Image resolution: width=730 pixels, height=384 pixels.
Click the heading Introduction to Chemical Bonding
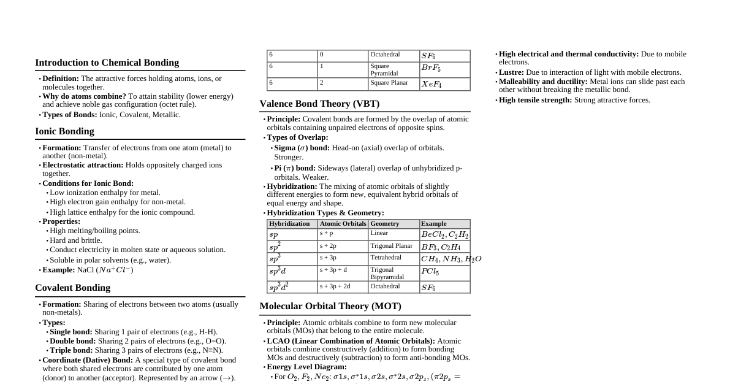pos(107,63)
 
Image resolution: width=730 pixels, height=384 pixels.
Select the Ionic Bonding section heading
pos(64,131)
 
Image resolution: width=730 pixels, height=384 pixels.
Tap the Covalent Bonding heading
pos(72,288)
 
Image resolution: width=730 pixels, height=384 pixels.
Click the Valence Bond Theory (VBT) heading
pos(319,104)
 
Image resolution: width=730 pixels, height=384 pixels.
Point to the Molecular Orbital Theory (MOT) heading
pos(330,306)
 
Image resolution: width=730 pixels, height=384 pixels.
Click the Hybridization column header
pos(289,224)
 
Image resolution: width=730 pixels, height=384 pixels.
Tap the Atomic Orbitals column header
pos(343,224)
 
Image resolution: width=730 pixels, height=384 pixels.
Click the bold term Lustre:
pos(511,72)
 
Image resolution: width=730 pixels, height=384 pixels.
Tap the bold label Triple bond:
pos(71,350)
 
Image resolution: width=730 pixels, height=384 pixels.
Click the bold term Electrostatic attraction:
pos(83,165)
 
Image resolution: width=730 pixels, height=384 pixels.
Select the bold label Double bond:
pos(72,341)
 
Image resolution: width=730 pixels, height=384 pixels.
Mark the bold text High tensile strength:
pos(535,100)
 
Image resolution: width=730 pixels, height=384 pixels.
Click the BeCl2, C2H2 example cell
pos(444,234)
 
